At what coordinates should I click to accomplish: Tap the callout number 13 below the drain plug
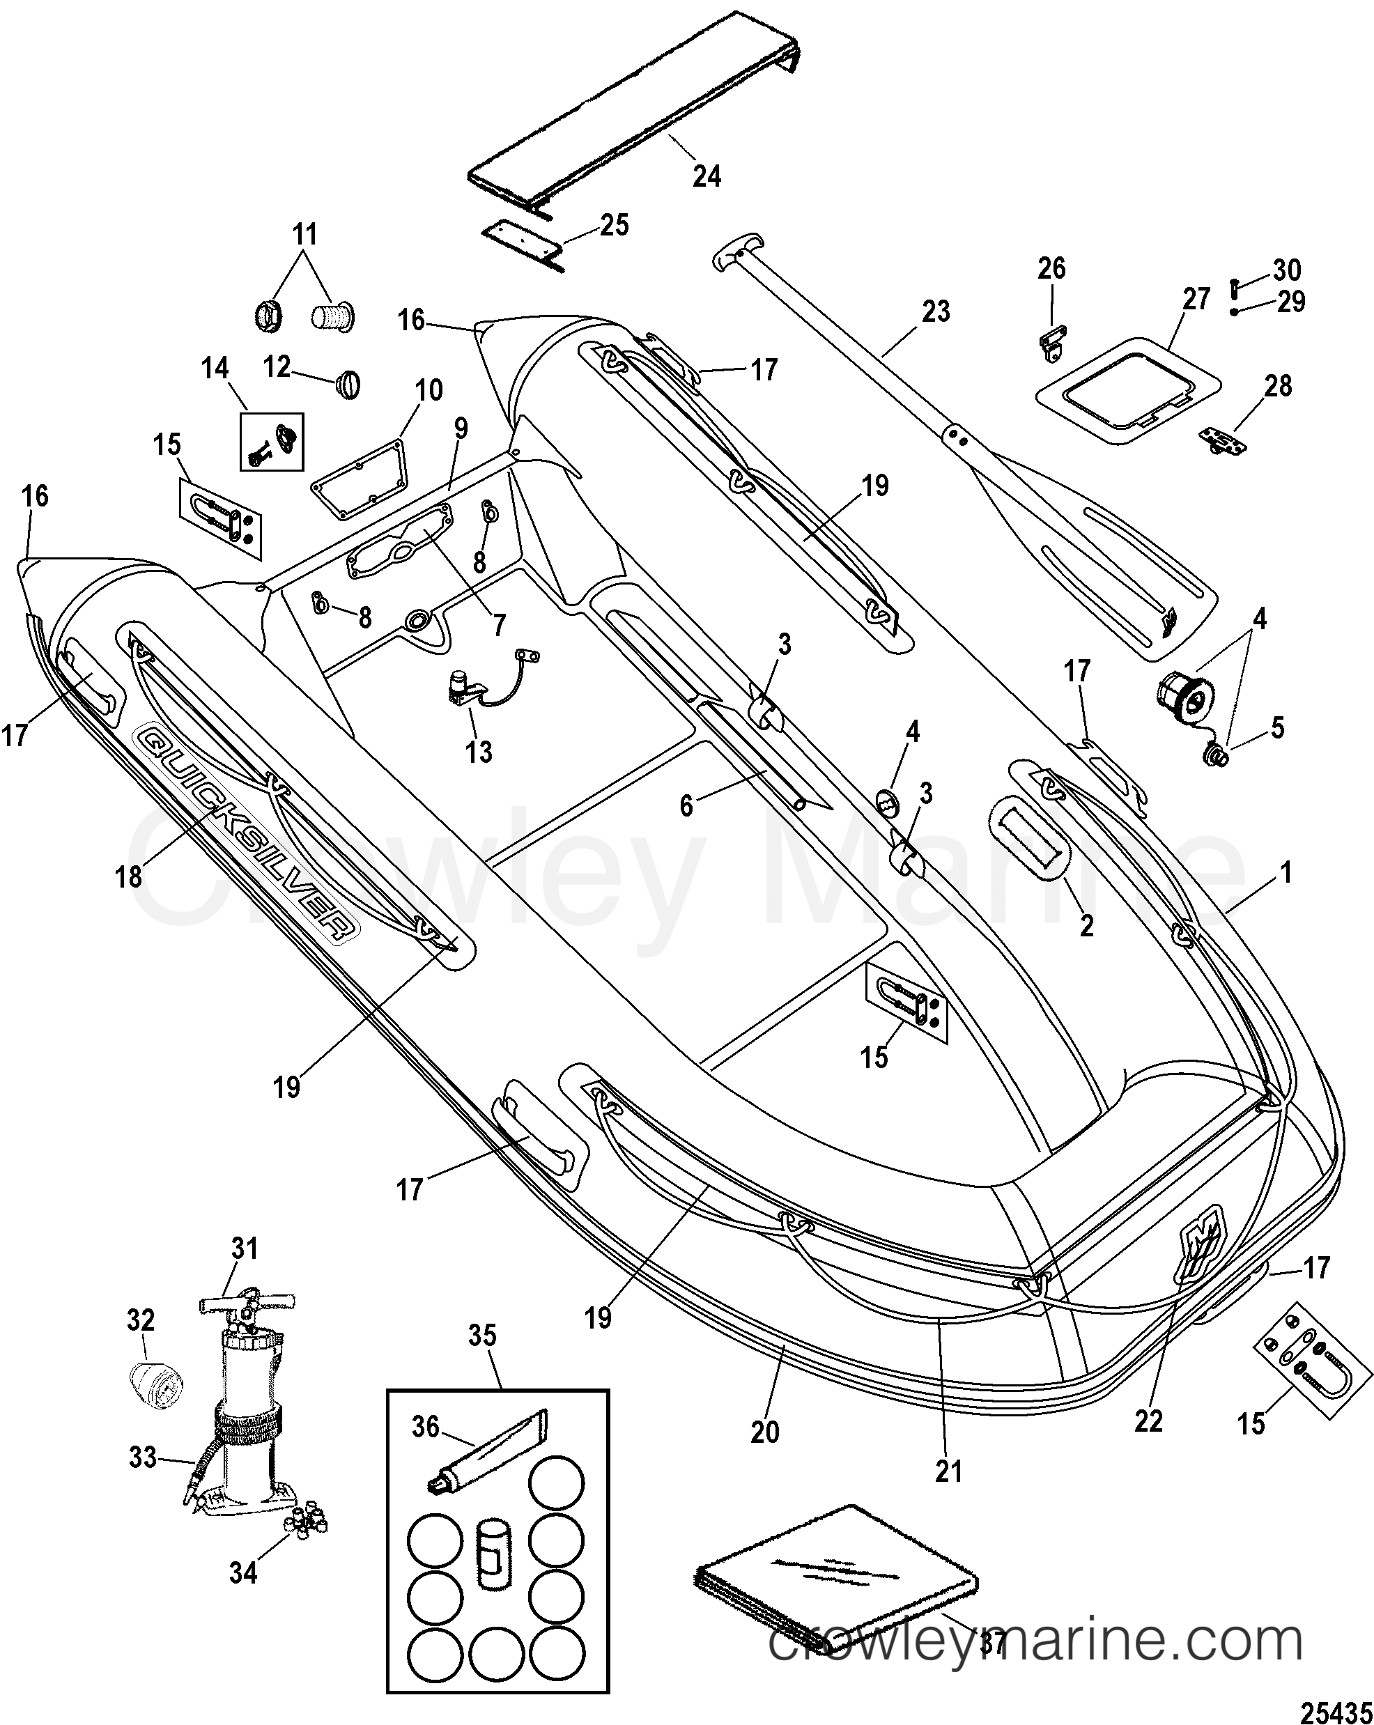tap(479, 752)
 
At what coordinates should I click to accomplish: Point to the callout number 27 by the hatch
tap(1196, 300)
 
